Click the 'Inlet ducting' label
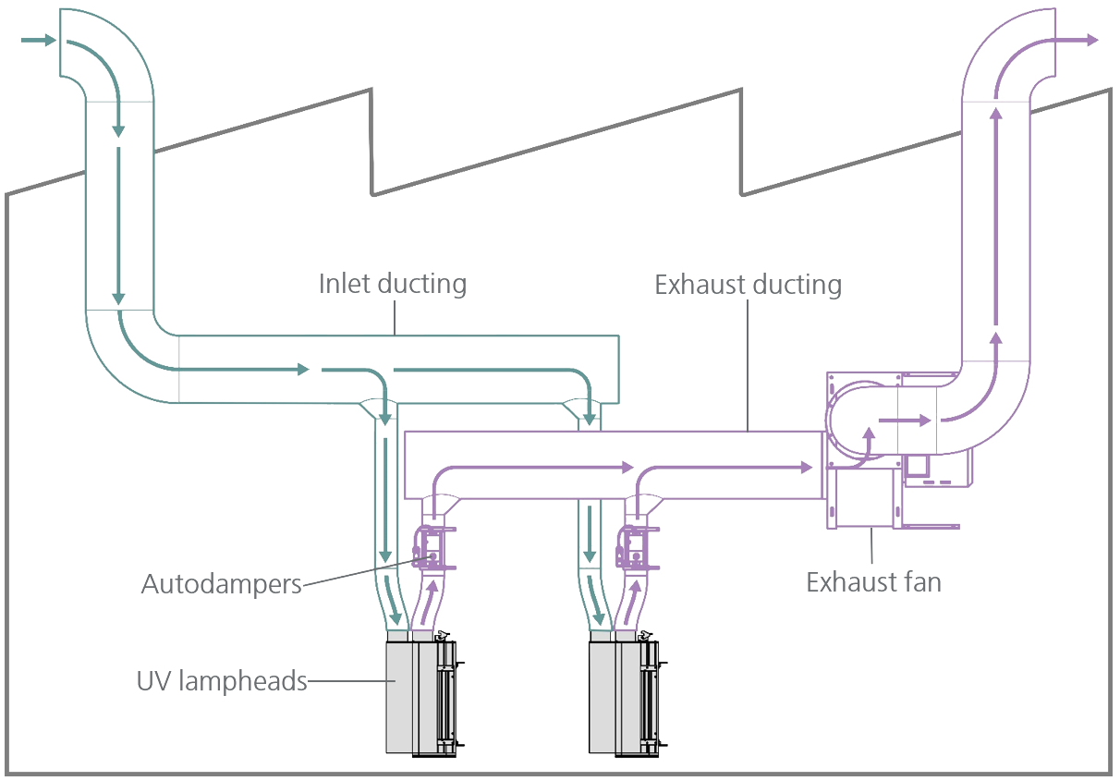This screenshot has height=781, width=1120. tap(393, 283)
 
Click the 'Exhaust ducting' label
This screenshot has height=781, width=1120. tap(748, 284)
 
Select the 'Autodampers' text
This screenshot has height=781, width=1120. tap(222, 584)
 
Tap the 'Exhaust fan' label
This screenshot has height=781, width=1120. tap(873, 582)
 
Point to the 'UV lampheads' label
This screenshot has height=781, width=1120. tap(222, 682)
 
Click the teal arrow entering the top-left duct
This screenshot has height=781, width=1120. tap(37, 40)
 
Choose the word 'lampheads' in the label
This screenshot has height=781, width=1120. tap(243, 682)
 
